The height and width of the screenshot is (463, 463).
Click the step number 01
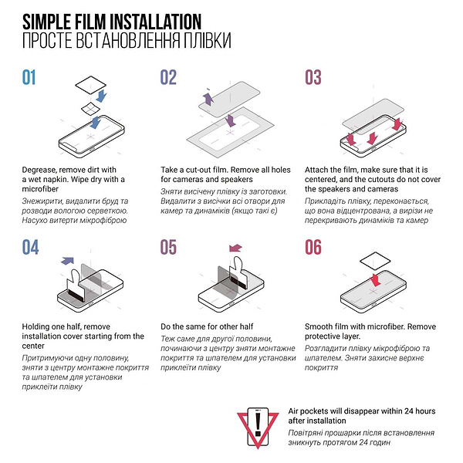click(x=29, y=77)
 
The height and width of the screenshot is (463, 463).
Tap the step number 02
click(x=168, y=77)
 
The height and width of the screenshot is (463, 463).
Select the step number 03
click(x=313, y=77)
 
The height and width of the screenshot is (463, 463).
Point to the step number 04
click(x=30, y=247)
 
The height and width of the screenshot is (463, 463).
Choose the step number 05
click(x=168, y=247)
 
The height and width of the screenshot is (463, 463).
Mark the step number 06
click(x=313, y=247)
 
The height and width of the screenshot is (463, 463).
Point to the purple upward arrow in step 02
click(x=208, y=99)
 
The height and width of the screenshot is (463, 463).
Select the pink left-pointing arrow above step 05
click(x=235, y=248)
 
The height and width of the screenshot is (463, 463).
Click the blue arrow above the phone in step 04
click(x=68, y=261)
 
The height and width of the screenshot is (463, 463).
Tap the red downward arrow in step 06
click(x=375, y=279)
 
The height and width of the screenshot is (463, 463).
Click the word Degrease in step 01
click(x=39, y=170)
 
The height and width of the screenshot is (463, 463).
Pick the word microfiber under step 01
click(x=40, y=189)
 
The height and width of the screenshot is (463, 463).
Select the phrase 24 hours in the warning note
click(x=419, y=411)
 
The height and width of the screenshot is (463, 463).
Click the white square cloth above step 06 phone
click(x=375, y=262)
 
